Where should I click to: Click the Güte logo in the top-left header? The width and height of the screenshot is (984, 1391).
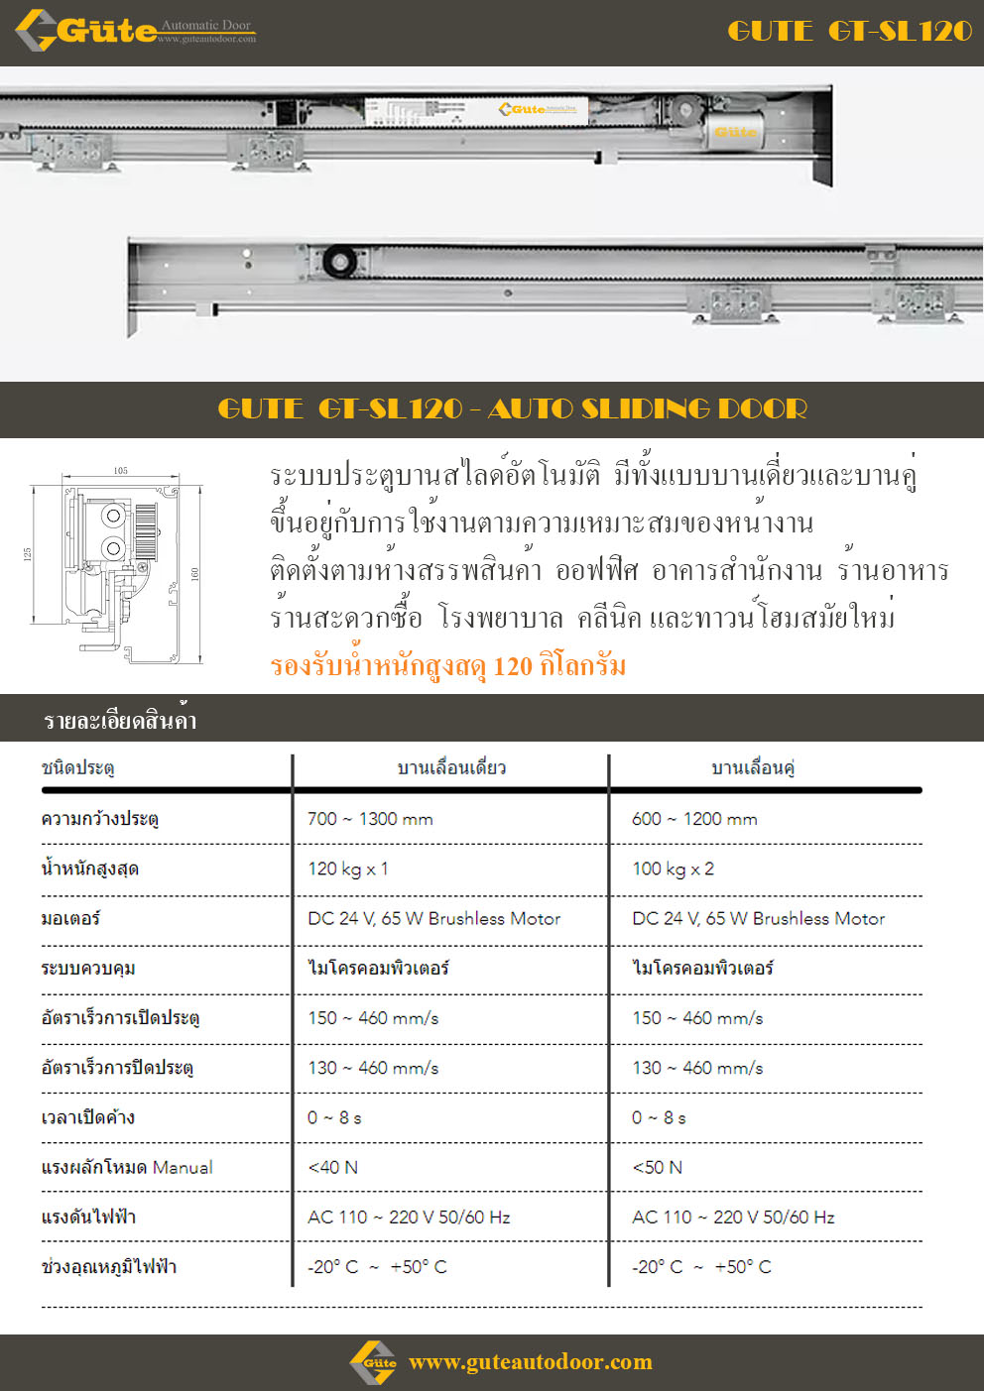click(134, 31)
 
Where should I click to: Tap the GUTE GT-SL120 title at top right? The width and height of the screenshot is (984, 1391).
click(849, 32)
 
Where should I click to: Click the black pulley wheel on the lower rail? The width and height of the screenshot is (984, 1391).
click(339, 262)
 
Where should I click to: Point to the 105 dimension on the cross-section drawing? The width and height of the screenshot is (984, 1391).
click(120, 471)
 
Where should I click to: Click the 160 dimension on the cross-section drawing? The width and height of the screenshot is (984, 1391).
click(195, 574)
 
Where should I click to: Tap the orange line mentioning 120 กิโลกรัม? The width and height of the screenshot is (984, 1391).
click(447, 666)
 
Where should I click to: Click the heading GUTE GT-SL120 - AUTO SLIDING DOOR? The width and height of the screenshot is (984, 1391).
click(512, 408)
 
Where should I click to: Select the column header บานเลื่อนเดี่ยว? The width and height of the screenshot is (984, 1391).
click(451, 767)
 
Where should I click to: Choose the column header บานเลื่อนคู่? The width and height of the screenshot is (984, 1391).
click(754, 767)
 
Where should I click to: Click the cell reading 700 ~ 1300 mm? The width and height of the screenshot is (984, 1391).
click(370, 819)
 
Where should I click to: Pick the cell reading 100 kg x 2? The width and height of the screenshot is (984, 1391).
click(673, 869)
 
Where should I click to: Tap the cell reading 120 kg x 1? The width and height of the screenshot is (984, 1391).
click(347, 869)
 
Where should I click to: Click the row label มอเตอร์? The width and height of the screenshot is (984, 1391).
click(70, 918)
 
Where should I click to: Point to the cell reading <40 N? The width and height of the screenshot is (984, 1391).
click(332, 1167)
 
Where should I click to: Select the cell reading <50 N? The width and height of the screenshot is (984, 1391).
click(657, 1167)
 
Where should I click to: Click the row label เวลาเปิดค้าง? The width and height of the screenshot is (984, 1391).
click(88, 1117)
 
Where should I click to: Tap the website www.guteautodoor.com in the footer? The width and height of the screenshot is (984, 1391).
click(531, 1362)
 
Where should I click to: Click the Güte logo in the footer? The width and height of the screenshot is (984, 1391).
click(374, 1362)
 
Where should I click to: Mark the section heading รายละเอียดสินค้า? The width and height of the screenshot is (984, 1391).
click(120, 721)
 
